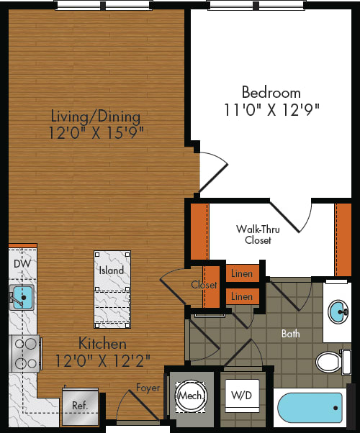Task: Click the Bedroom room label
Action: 271,93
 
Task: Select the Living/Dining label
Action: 96,116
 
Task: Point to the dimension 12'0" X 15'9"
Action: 96,132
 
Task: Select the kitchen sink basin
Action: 22,296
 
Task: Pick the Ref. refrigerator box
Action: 79,406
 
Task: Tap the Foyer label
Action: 147,388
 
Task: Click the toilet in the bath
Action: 332,360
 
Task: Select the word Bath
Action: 291,334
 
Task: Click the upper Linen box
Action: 243,274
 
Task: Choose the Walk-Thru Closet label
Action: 258,234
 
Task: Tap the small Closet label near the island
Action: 204,285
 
